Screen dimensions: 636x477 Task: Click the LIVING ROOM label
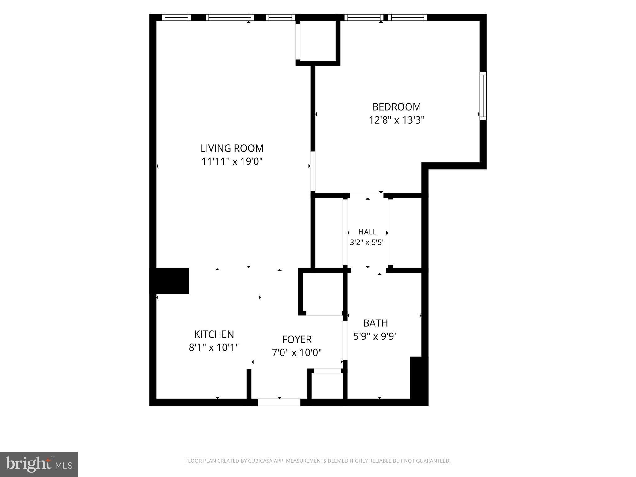pyautogui.click(x=232, y=148)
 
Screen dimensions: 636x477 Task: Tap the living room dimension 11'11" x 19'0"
pyautogui.click(x=232, y=161)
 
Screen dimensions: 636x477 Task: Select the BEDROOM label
pyautogui.click(x=397, y=107)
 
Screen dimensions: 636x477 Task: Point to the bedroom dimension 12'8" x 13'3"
pyautogui.click(x=397, y=120)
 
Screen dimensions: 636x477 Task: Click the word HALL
pyautogui.click(x=367, y=232)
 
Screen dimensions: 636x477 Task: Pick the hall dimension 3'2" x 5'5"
pyautogui.click(x=367, y=243)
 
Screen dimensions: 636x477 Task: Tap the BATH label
pyautogui.click(x=375, y=323)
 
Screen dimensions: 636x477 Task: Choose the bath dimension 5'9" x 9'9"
pyautogui.click(x=375, y=336)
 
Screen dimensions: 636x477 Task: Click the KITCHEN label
pyautogui.click(x=214, y=334)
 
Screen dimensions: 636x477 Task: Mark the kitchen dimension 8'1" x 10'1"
pyautogui.click(x=214, y=347)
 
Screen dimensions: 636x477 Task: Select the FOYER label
pyautogui.click(x=297, y=339)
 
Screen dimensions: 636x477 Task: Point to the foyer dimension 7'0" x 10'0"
pyautogui.click(x=297, y=352)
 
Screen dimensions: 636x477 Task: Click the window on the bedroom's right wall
pyautogui.click(x=483, y=96)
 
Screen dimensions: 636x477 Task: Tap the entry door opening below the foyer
pyautogui.click(x=279, y=402)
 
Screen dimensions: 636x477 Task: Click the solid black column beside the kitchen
pyautogui.click(x=170, y=281)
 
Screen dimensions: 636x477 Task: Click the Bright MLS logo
pyautogui.click(x=39, y=464)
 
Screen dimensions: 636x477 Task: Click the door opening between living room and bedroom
pyautogui.click(x=313, y=171)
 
